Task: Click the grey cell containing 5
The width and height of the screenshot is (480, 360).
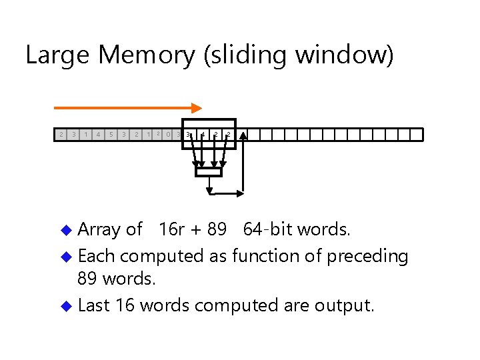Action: [111, 135]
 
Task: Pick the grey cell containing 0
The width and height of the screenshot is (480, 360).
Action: [168, 135]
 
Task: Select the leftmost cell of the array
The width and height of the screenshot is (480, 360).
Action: [61, 135]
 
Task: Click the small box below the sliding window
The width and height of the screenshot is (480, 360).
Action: [207, 172]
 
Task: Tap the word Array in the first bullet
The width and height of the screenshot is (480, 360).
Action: [99, 230]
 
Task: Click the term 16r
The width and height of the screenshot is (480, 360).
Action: [172, 230]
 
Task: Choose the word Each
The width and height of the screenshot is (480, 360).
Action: [97, 256]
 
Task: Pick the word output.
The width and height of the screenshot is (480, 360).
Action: [345, 306]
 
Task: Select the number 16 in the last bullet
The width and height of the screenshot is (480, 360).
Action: [125, 306]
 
